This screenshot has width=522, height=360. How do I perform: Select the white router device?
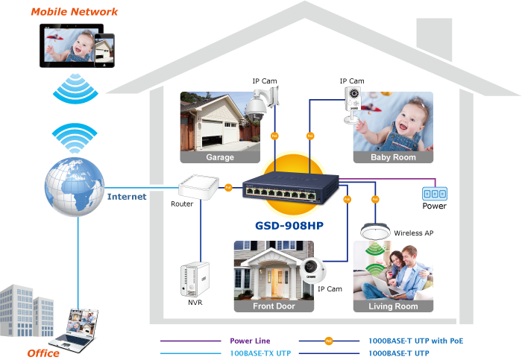point(198,187)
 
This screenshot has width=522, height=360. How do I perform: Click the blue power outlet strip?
point(434,193)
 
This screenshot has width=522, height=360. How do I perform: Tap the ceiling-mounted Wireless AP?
point(377,232)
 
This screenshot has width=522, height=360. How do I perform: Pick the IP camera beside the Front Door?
point(313,270)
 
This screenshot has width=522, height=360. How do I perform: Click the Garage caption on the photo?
point(219,157)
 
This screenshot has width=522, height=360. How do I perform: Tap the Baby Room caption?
point(392,157)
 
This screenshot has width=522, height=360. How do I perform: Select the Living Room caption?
point(392,306)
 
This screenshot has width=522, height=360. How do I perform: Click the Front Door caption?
point(274,306)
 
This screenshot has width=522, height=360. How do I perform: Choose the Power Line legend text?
point(250,341)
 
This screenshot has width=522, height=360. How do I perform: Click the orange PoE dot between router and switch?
point(228,187)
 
